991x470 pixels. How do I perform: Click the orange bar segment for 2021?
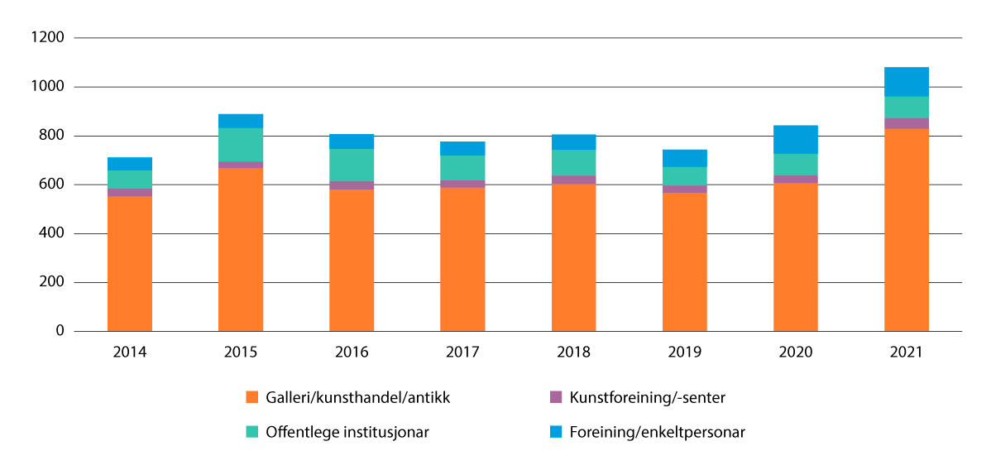pyautogui.click(x=906, y=230)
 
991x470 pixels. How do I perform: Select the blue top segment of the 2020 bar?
pyautogui.click(x=795, y=139)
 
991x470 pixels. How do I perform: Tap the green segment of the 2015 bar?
pyautogui.click(x=241, y=145)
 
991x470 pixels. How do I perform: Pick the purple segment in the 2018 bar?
pyautogui.click(x=573, y=180)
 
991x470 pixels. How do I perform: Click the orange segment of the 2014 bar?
pyautogui.click(x=130, y=263)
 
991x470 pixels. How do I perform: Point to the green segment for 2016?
pyautogui.click(x=352, y=165)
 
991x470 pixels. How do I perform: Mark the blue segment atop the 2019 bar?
pyautogui.click(x=684, y=158)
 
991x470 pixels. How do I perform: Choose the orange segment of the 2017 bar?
pyautogui.click(x=462, y=259)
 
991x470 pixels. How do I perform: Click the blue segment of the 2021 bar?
pyautogui.click(x=906, y=81)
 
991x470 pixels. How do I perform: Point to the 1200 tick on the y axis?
pyautogui.click(x=48, y=38)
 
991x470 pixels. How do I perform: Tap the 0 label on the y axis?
pyautogui.click(x=60, y=331)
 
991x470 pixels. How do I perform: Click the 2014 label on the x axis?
pyautogui.click(x=130, y=352)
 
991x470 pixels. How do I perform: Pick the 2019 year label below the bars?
pyautogui.click(x=684, y=352)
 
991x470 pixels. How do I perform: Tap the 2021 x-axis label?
pyautogui.click(x=906, y=352)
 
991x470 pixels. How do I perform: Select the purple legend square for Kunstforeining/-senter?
pyautogui.click(x=555, y=396)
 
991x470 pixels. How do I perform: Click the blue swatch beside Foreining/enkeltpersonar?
pyautogui.click(x=555, y=431)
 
